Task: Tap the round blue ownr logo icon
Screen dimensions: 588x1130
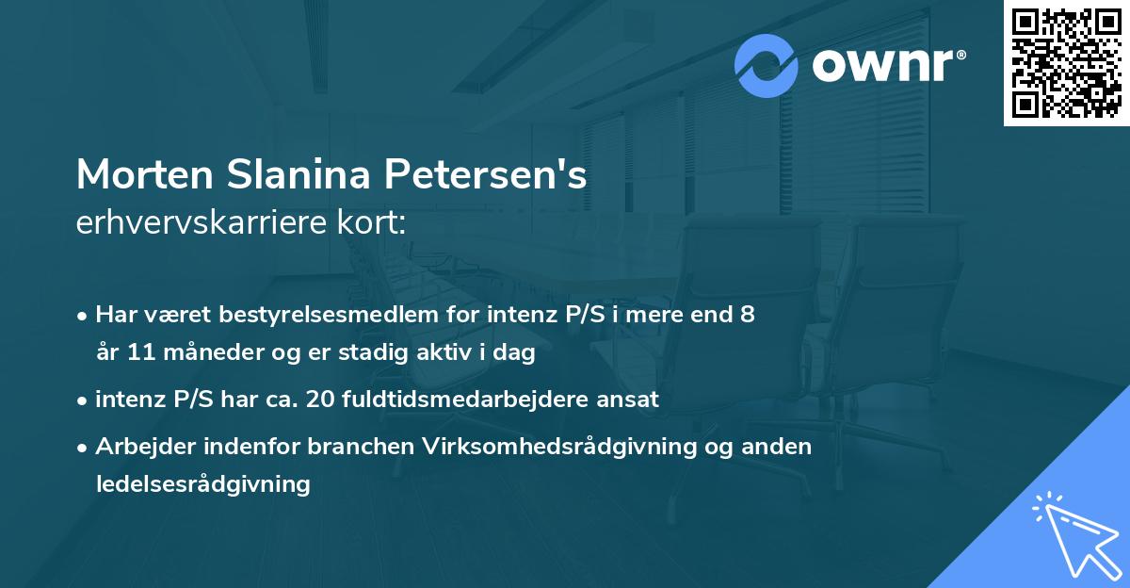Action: click(767, 66)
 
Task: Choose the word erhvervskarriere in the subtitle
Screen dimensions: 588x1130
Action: click(192, 223)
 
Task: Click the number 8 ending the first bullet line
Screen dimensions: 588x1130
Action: click(747, 314)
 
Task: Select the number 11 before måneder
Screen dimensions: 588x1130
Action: click(141, 353)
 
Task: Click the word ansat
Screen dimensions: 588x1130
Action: click(628, 399)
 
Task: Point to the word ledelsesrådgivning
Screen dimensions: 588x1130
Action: click(202, 484)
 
